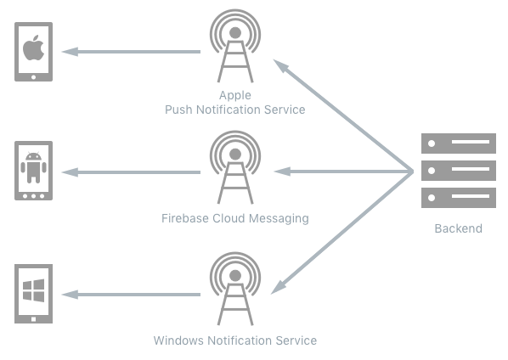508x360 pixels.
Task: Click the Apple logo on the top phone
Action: coord(33,48)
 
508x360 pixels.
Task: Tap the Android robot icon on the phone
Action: coord(33,167)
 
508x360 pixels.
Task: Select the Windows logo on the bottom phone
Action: coord(33,290)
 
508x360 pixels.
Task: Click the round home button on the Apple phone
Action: coord(33,77)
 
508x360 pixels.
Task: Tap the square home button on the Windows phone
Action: coord(33,319)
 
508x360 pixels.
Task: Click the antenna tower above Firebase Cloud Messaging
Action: coord(235,167)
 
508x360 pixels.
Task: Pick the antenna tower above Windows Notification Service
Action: coord(235,289)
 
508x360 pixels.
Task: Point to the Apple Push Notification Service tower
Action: coord(235,46)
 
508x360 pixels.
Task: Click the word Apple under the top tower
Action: coord(235,95)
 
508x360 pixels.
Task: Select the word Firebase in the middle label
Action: coord(185,218)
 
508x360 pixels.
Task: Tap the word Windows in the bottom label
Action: coord(178,340)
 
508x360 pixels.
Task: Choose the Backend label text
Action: coord(458,228)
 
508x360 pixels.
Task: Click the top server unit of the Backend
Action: coord(459,143)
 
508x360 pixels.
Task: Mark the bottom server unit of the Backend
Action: coord(459,198)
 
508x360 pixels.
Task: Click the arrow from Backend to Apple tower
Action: coord(343,115)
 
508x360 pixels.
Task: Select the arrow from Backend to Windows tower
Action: coord(341,233)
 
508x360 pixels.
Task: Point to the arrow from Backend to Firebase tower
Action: coord(343,172)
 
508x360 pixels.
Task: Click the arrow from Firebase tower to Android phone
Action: coord(131,172)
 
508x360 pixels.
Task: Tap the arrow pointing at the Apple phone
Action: coord(131,52)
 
